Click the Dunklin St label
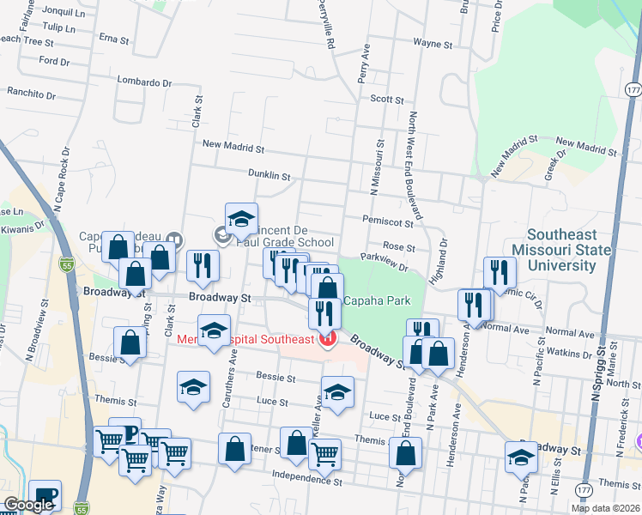coord(270,175)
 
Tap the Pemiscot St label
coord(387,221)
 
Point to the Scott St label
coord(386,100)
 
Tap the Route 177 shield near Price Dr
coord(633,90)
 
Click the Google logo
coord(28,506)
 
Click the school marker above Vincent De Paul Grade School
coord(241,219)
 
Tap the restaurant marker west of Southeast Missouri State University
coord(500,274)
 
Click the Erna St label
coord(113,39)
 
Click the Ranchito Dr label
coord(31,91)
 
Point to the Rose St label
coord(399,247)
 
